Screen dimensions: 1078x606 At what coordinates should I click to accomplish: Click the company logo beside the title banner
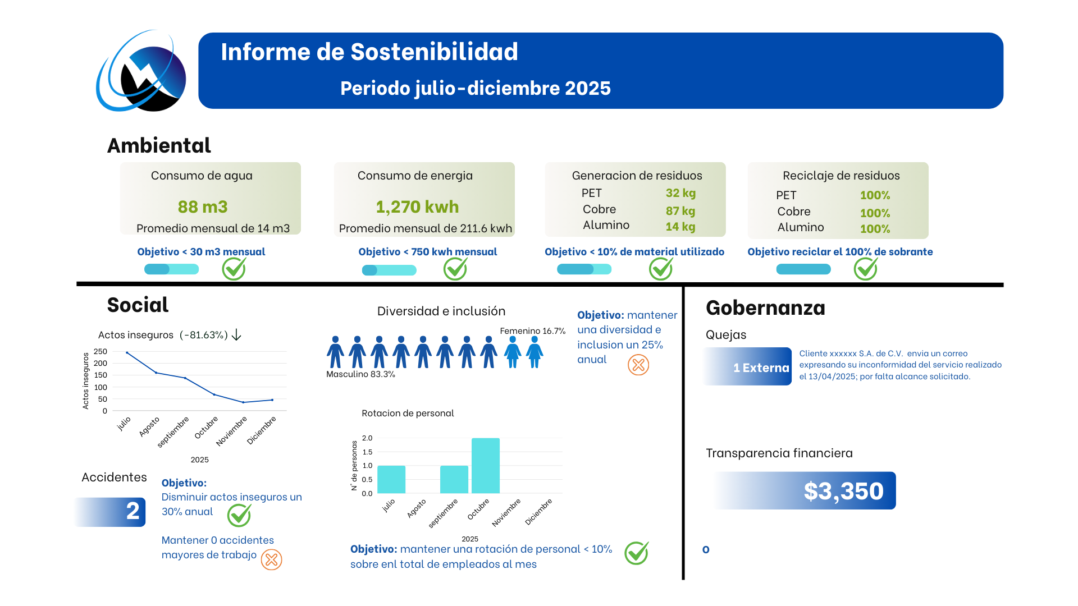pos(141,71)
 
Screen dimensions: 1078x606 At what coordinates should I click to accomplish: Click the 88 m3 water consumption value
pos(203,207)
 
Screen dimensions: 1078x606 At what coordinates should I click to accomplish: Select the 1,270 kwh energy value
pos(417,207)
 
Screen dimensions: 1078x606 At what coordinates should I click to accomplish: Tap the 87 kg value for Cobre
pos(680,211)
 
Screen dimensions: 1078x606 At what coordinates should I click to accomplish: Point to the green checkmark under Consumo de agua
pos(234,268)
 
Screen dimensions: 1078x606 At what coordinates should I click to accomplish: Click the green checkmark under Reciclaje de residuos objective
pos(866,268)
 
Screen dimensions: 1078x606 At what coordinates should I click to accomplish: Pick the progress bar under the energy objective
pos(389,270)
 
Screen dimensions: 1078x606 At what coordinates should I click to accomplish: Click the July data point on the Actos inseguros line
pos(127,352)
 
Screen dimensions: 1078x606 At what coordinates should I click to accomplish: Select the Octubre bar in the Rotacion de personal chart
pos(486,466)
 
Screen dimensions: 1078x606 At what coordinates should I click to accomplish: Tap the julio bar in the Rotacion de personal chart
pos(391,480)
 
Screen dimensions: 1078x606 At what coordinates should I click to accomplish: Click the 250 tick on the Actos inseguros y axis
pos(101,351)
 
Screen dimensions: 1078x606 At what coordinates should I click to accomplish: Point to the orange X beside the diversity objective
pos(638,365)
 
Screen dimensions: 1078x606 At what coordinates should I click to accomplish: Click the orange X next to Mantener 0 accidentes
pos(272,559)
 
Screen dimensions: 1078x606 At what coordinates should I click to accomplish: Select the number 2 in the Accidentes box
pos(133,511)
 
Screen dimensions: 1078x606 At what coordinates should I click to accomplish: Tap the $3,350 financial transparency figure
pos(844,491)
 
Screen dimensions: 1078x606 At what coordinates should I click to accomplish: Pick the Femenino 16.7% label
pos(533,331)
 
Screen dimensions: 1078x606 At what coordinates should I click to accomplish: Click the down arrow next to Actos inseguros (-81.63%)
pos(236,335)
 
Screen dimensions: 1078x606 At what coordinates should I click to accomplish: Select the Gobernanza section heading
pos(765,307)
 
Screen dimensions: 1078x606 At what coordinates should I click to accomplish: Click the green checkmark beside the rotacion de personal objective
pos(637,553)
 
